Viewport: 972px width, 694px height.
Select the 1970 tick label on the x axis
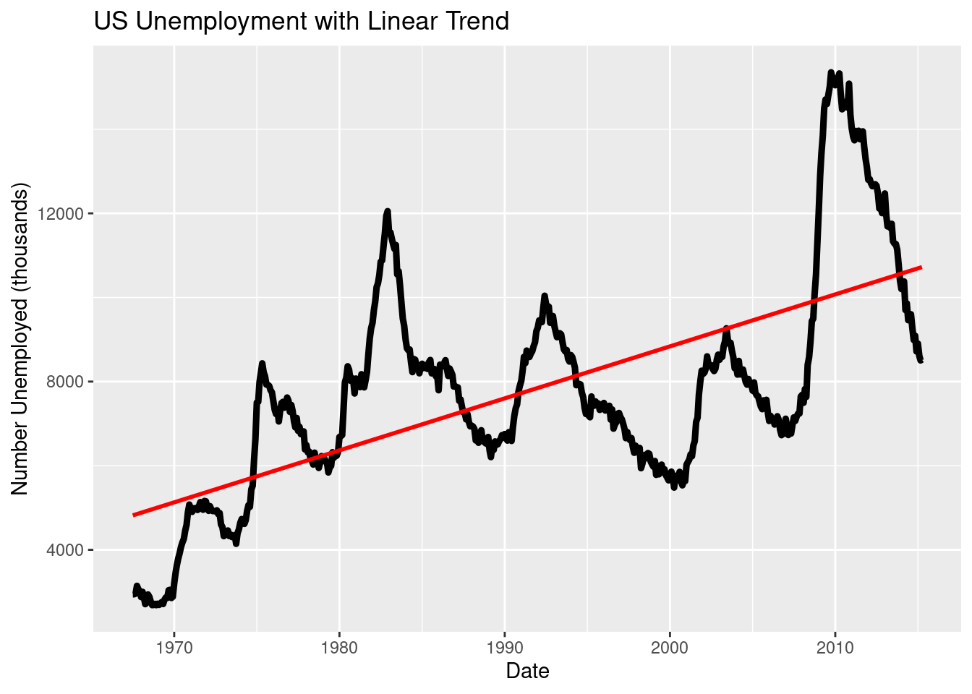(174, 648)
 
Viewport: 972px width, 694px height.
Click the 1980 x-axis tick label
(339, 648)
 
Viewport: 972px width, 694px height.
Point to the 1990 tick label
(505, 648)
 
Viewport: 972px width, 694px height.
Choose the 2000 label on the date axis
(670, 648)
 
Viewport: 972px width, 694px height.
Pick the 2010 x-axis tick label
(835, 648)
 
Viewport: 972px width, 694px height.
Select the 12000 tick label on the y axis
(66, 214)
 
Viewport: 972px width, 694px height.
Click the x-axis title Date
(527, 671)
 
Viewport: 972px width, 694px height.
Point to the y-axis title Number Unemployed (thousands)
(20, 339)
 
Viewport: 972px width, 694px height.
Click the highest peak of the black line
(831, 72)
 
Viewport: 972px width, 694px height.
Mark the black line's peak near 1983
(388, 211)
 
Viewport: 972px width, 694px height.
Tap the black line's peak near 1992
(545, 296)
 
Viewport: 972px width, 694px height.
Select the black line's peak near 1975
(262, 363)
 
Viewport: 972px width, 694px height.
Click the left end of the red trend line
(134, 515)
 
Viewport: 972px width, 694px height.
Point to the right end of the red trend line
(921, 267)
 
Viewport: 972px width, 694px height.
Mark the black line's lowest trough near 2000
(674, 487)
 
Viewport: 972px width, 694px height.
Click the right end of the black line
(921, 360)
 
